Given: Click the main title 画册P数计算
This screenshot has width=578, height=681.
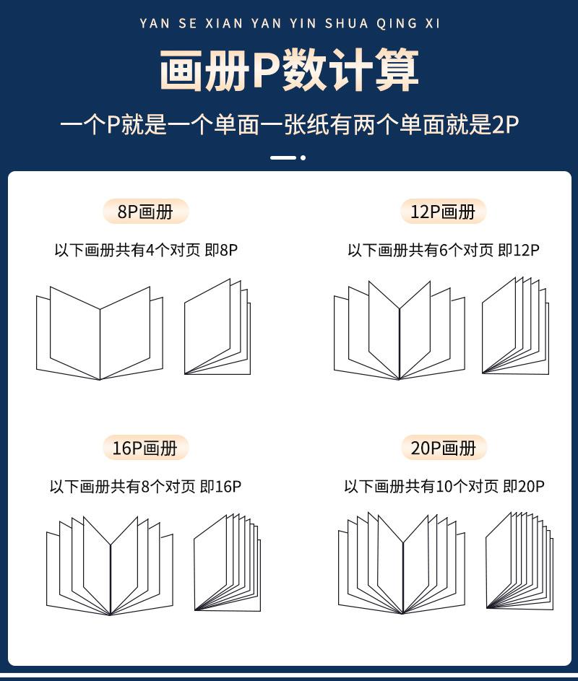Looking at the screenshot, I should point(289,71).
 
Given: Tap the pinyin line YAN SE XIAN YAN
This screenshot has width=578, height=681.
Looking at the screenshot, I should point(289,23).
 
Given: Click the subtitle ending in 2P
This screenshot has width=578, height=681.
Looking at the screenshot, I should point(289,124).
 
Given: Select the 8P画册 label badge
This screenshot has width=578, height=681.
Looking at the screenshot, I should point(145,212).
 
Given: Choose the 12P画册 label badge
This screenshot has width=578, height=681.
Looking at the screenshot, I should point(443,212).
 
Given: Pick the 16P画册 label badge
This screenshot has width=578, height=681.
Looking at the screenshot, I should point(144,448).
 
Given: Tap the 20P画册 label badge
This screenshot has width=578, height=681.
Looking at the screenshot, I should point(444,448).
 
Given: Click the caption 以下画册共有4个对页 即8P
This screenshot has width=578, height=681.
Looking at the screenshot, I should point(146,251).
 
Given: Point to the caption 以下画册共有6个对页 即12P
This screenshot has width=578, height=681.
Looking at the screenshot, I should point(443,251).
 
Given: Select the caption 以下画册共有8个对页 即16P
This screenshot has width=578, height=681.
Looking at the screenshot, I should point(145,487).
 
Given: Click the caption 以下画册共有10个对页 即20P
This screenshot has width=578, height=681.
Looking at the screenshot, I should point(444,487).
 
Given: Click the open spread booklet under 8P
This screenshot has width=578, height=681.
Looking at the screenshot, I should point(100,333).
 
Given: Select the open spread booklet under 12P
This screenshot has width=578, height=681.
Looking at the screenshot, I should point(399,331).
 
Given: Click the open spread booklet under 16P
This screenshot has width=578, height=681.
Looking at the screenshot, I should point(110,566).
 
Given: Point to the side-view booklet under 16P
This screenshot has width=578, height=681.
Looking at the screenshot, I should point(226,563).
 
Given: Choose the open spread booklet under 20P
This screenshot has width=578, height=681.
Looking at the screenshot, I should point(402,564).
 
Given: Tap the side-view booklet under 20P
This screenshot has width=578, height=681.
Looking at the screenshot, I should point(519,561).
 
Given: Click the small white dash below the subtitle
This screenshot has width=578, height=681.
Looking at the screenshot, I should point(282,157).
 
